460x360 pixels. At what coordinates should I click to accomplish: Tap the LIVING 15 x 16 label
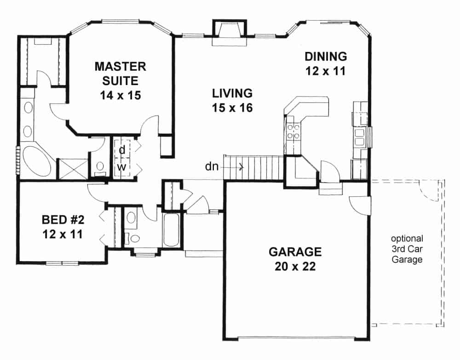tap(232, 100)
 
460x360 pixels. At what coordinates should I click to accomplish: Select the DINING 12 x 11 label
tap(325, 63)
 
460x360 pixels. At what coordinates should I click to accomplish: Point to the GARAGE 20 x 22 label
tap(295, 259)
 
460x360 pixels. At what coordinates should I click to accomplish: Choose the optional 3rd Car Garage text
tap(407, 249)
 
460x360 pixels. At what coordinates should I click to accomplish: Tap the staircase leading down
tap(253, 168)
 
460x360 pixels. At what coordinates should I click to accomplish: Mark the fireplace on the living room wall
tap(229, 34)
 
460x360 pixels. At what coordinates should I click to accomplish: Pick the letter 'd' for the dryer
tap(122, 150)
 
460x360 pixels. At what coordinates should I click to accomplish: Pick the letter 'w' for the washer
tap(121, 166)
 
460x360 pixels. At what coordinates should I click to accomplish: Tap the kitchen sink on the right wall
tap(359, 136)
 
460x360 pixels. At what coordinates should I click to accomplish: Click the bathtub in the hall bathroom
tap(172, 230)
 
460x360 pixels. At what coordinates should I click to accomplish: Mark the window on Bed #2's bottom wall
tap(62, 263)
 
